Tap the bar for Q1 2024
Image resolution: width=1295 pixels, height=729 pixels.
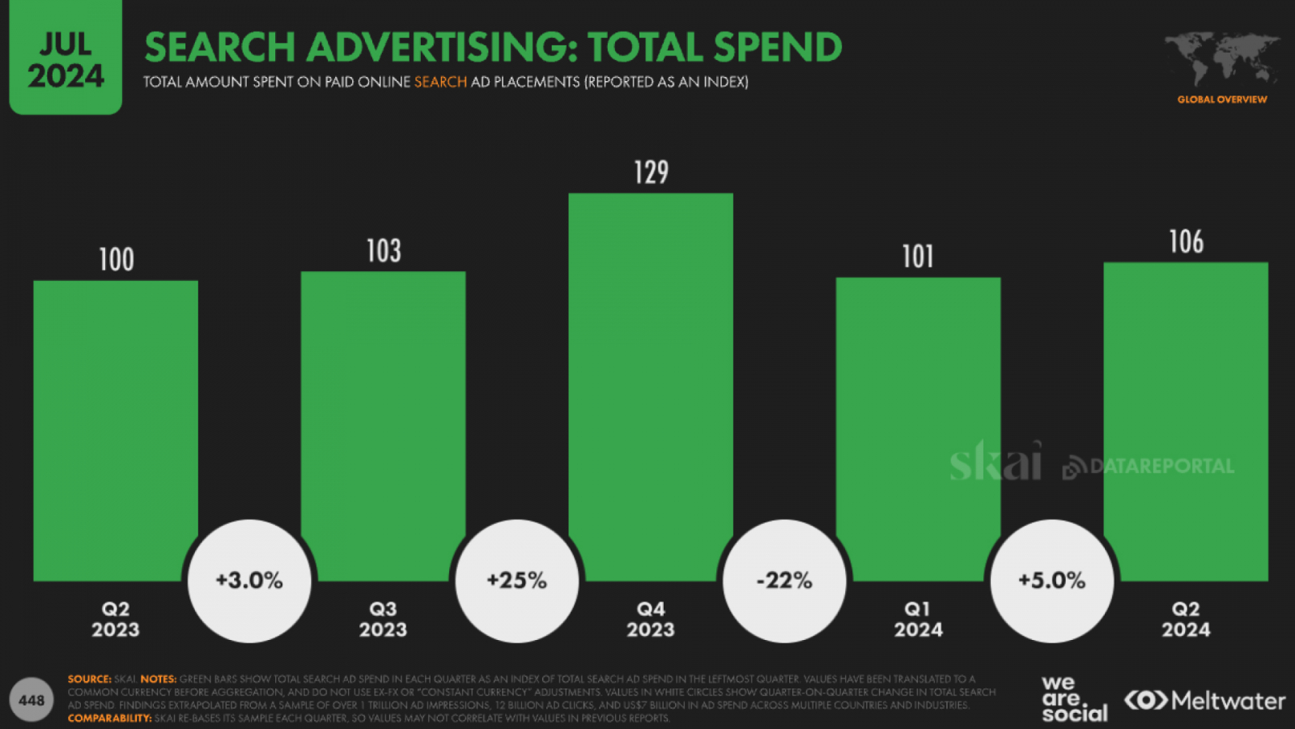tap(918, 405)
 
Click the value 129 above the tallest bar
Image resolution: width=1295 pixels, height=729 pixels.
tap(651, 173)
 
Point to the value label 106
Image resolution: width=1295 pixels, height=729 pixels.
tap(1186, 241)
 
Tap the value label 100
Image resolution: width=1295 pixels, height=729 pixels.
tap(116, 260)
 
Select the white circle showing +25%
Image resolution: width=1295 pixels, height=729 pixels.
tap(516, 581)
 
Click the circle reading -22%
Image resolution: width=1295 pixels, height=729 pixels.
tap(784, 581)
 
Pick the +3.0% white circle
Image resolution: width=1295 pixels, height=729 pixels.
tap(249, 581)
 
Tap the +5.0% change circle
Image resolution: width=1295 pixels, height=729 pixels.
tap(1051, 581)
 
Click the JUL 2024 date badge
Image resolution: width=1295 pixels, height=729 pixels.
tap(66, 58)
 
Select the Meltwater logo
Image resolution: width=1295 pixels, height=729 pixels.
tap(1204, 701)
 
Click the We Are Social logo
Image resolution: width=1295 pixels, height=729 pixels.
tap(1073, 699)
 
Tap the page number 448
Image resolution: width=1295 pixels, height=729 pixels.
tap(32, 701)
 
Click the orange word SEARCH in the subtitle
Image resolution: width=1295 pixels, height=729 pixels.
tap(440, 82)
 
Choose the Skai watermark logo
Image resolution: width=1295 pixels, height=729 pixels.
tap(995, 462)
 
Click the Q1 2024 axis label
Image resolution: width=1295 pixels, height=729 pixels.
tap(918, 620)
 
